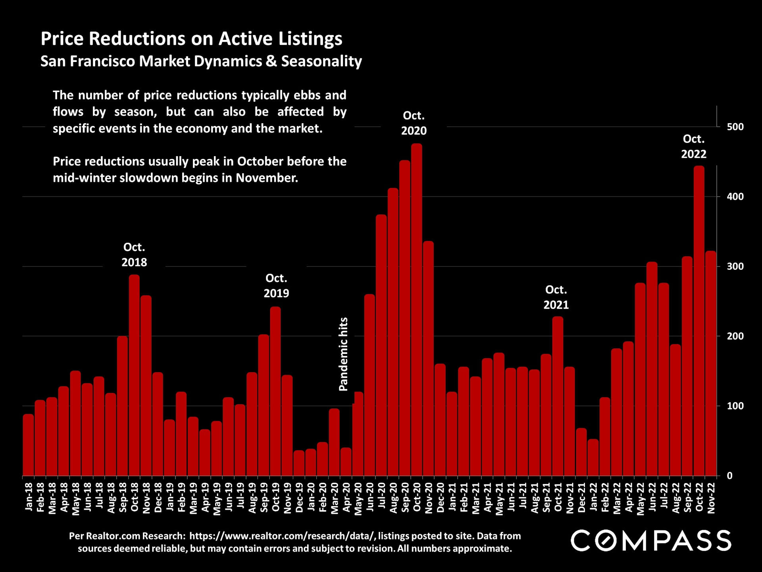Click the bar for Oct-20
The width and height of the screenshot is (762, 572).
[416, 310]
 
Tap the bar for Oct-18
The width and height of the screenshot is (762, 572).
[134, 375]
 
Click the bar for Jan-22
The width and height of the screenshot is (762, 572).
[593, 457]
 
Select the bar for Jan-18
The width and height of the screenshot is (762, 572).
[28, 445]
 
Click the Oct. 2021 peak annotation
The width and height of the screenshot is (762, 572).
[556, 297]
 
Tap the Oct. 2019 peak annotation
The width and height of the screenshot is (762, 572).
[276, 286]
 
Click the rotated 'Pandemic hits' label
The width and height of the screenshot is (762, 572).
[343, 354]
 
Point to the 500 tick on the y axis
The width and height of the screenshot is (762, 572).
[735, 127]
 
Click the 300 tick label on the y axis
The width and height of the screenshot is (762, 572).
[735, 267]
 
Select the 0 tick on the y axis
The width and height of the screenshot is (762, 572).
[729, 476]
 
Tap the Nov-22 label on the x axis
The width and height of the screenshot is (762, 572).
[711, 498]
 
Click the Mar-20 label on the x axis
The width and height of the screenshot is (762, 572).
[335, 498]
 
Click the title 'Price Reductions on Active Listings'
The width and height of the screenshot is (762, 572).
[191, 39]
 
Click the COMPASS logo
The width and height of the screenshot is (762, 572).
[651, 541]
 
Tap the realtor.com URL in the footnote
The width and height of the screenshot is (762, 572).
[282, 536]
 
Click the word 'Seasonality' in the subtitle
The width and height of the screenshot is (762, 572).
[321, 62]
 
